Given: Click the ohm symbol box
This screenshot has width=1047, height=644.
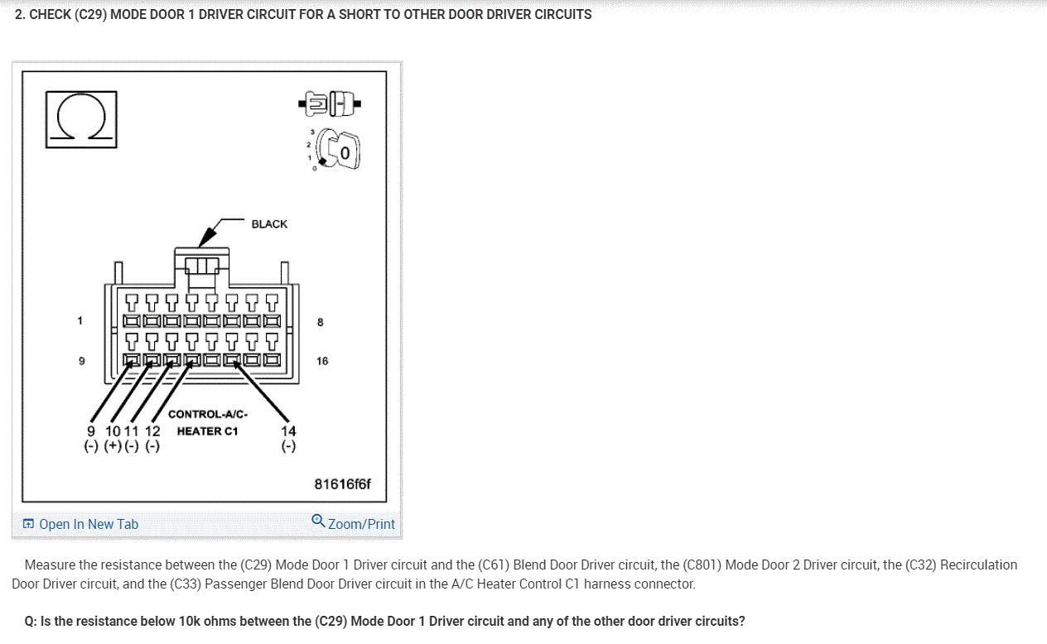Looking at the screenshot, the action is point(80,118).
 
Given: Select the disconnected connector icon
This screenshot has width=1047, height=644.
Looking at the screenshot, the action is point(330,103).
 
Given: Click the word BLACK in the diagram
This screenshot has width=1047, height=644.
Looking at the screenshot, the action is point(269,224).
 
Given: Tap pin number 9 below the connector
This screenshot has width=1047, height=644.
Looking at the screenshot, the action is point(91,431).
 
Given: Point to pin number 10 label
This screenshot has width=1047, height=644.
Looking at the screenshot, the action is point(113,431).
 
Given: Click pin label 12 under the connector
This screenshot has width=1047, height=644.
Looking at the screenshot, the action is point(152,431).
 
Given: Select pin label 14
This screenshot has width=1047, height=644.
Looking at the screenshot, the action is point(288,431).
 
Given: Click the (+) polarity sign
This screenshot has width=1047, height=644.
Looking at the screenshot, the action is point(113,447).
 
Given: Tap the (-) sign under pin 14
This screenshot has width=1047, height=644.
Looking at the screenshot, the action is point(288,447).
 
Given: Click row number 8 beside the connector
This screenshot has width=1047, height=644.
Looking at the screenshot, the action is point(321,322).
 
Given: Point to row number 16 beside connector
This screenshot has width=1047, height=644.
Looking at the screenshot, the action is point(322,361).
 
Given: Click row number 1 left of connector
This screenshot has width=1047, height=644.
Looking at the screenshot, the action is point(80,320).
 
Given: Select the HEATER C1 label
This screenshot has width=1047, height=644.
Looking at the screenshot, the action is point(207,431).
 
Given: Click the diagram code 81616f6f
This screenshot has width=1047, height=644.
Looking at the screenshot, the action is point(343,484).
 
